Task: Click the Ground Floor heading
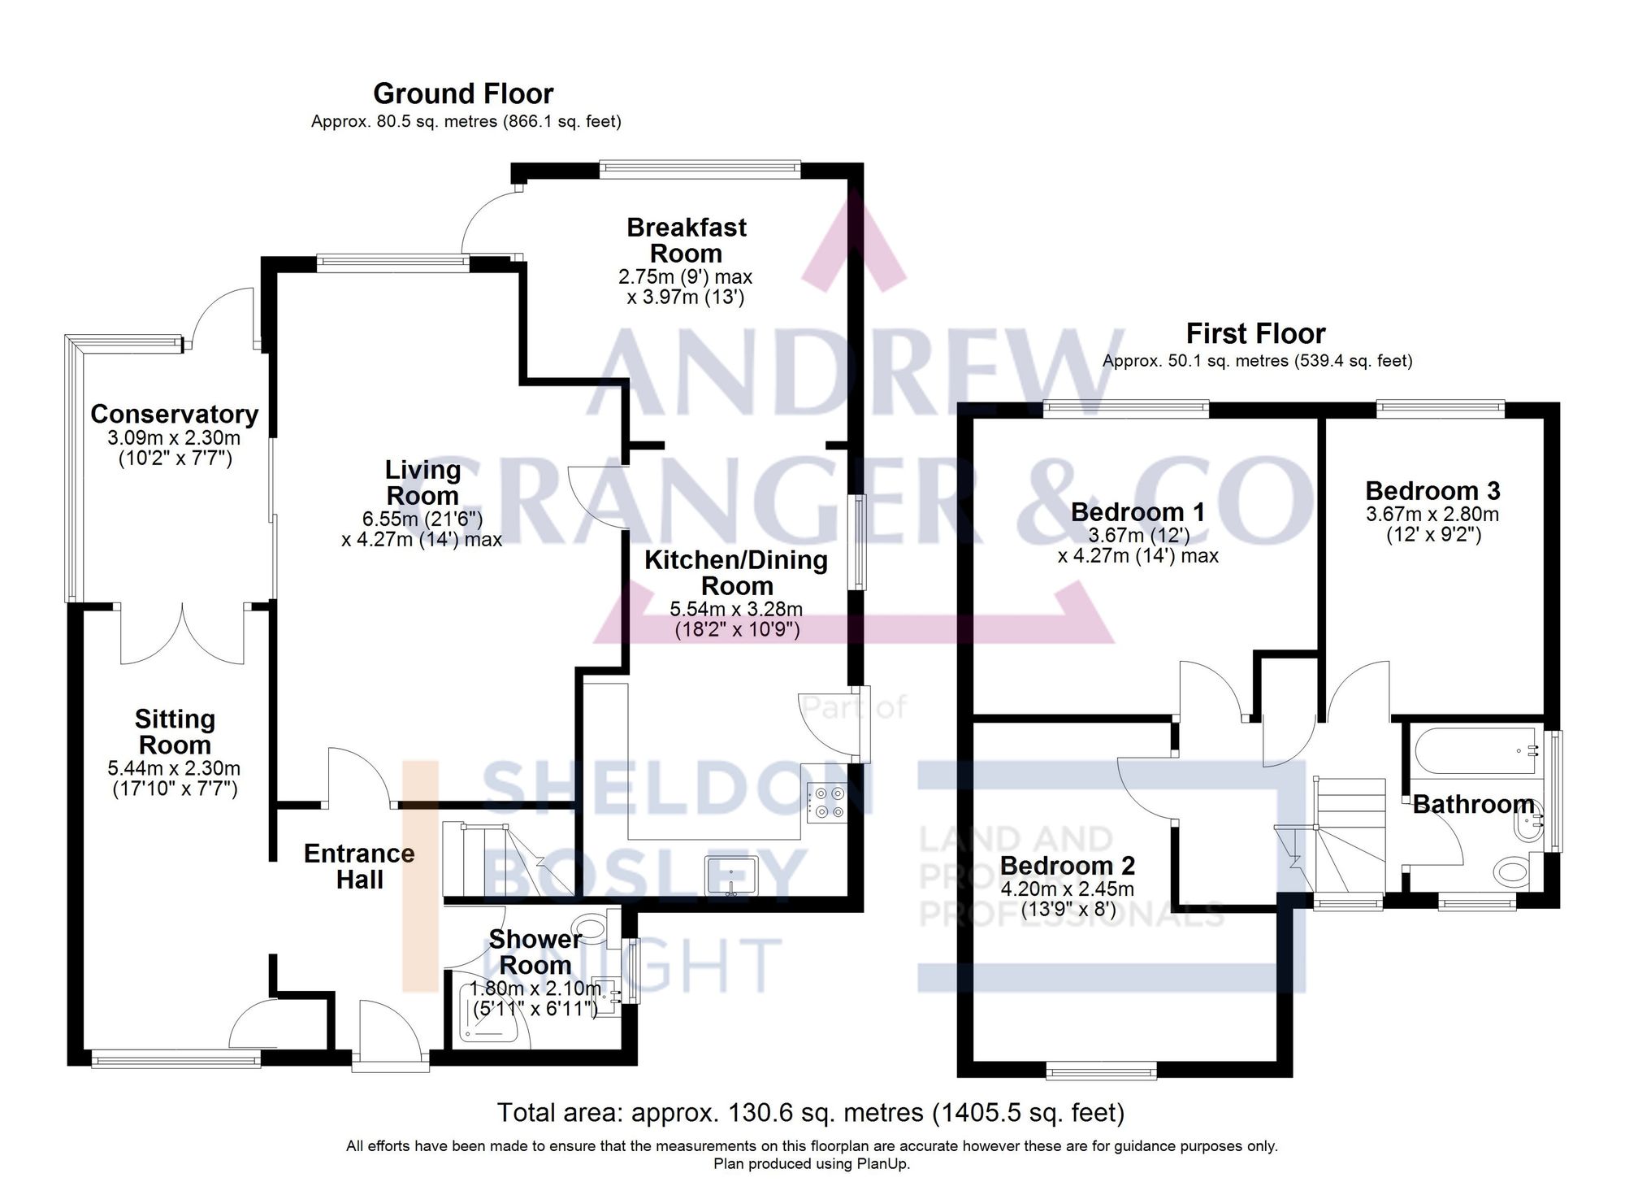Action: [463, 94]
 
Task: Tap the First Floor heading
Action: [1255, 333]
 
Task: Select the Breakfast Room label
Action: [686, 240]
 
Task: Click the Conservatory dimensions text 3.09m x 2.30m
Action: [174, 438]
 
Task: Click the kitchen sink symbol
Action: [731, 876]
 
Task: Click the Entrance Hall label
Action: [359, 866]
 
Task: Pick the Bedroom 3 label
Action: [1432, 491]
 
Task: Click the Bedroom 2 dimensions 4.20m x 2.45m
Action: [1067, 889]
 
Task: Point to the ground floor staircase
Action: [504, 860]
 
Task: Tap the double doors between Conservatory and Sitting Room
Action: [182, 634]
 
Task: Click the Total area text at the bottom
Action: [810, 1112]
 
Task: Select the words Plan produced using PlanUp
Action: [812, 1164]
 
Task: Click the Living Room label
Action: [422, 482]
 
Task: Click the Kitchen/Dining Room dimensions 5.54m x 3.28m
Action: [736, 610]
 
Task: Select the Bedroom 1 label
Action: [1137, 512]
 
